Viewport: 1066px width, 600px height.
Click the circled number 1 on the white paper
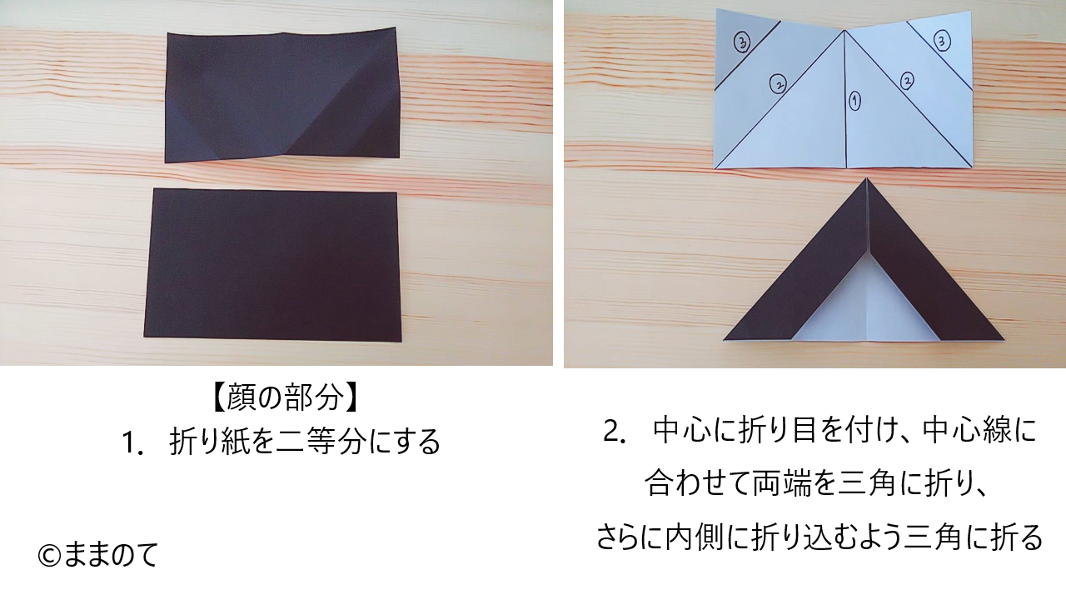pos(855,101)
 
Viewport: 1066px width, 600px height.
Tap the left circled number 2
pos(778,84)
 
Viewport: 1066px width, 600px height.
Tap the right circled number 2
pos(907,81)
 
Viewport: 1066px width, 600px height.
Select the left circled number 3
pos(741,42)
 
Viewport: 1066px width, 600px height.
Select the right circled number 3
pos(941,40)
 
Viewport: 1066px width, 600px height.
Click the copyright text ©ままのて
pos(97,555)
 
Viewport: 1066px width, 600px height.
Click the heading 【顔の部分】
pos(284,397)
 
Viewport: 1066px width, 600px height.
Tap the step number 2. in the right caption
pos(614,432)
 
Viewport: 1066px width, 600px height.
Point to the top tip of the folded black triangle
pos(867,178)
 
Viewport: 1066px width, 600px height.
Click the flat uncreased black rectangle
pos(272,265)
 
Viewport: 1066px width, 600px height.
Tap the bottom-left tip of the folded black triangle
pos(724,339)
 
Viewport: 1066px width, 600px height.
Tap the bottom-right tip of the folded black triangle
pos(1004,340)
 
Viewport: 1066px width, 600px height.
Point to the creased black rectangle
pos(281,94)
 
